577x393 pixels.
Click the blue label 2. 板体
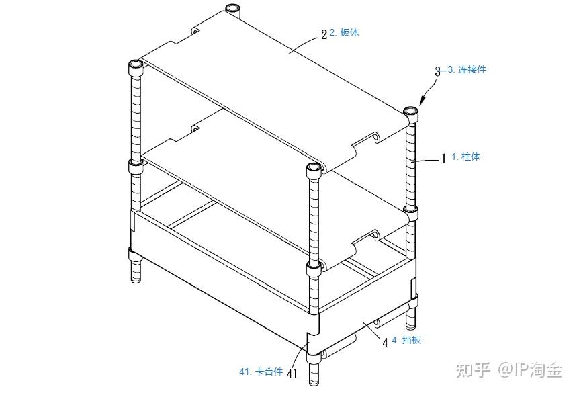coord(344,32)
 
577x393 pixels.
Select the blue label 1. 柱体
coord(465,157)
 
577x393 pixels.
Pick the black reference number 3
coord(437,71)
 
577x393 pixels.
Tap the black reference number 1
coord(443,159)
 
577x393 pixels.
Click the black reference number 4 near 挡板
coord(386,343)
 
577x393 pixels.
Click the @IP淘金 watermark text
coord(531,369)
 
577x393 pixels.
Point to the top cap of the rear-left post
coord(232,9)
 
